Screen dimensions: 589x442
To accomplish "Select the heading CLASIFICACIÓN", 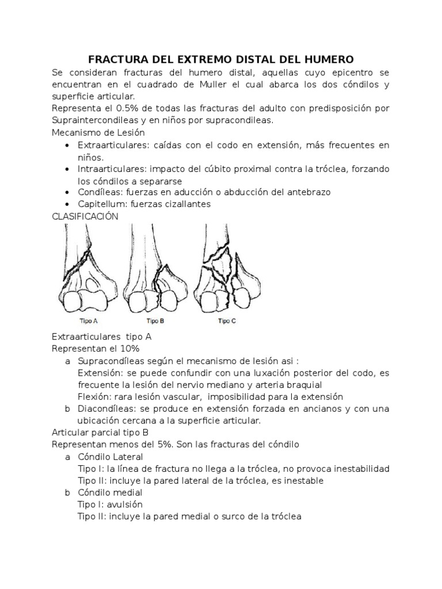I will pos(85,216).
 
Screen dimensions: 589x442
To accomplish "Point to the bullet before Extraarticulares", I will pos(69,146).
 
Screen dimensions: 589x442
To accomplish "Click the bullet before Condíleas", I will pos(69,192).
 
